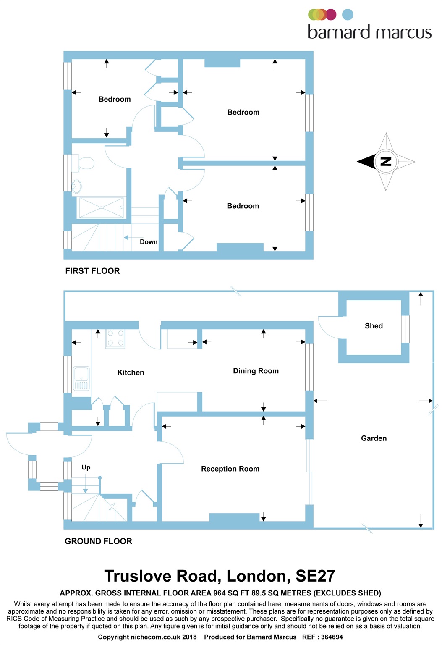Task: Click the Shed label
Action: tap(374, 326)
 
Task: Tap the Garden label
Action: tap(374, 438)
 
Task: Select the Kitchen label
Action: tap(131, 372)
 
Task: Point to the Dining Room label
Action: tap(256, 371)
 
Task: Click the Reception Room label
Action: tap(230, 469)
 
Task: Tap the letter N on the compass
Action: tap(386, 162)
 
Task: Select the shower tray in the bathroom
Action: tap(102, 207)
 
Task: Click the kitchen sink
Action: tap(81, 378)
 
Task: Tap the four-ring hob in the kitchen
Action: tap(115, 338)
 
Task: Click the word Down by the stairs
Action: tap(149, 242)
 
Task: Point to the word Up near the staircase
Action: tap(86, 467)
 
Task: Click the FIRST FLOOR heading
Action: tap(92, 271)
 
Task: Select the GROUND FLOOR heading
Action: tap(98, 541)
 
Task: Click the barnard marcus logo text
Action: tap(369, 32)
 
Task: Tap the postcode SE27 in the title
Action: tap(315, 576)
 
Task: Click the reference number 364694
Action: tap(332, 637)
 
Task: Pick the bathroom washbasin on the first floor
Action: tap(77, 186)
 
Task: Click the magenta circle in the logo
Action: tap(331, 15)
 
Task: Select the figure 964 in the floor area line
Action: tap(220, 593)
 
